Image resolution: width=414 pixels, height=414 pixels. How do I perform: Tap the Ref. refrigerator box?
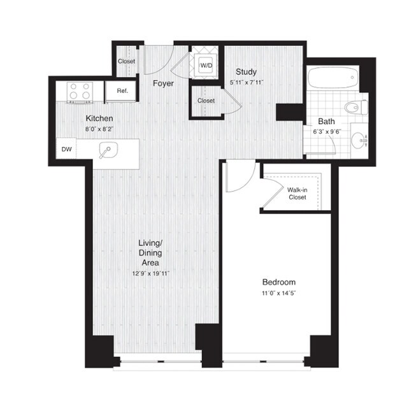122,91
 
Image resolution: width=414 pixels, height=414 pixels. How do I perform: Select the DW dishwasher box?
66,150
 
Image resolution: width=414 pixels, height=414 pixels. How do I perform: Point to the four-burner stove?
81,92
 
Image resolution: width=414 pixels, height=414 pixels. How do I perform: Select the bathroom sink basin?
360,138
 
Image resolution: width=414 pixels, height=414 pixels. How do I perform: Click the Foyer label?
164,83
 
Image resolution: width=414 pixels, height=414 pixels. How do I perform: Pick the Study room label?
246,71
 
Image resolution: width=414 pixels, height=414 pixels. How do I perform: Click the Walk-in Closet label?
297,194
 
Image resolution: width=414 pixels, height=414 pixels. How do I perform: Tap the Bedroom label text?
279,282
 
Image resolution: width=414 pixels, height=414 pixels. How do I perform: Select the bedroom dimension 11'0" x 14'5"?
279,292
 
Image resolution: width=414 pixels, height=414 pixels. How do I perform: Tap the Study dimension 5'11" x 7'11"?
246,82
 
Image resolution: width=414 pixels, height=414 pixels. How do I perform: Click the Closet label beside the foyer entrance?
127,62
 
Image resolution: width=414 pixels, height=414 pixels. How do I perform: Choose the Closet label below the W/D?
206,101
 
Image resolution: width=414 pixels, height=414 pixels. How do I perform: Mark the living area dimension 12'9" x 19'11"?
151,273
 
